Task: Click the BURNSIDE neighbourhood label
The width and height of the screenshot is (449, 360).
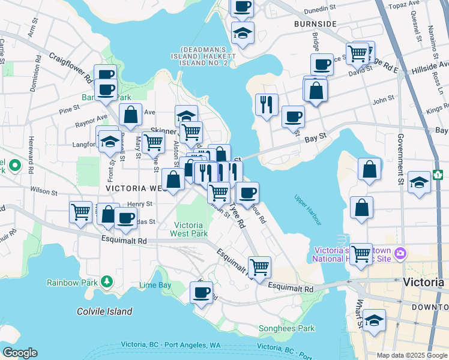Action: [x=315, y=24]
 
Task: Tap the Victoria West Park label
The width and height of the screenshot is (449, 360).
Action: [x=188, y=229]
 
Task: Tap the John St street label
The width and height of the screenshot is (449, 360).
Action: [x=383, y=100]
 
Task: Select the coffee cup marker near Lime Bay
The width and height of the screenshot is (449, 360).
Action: [x=201, y=293]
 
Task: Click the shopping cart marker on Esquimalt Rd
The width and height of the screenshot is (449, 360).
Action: [x=259, y=266]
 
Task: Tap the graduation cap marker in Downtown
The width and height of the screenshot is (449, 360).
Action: [x=374, y=321]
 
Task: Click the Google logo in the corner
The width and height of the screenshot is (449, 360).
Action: [x=20, y=353]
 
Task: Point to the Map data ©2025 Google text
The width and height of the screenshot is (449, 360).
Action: [x=411, y=355]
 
